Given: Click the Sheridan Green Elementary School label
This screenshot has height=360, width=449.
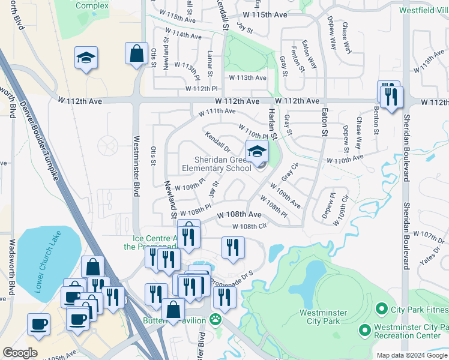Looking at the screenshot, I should tap(222, 164).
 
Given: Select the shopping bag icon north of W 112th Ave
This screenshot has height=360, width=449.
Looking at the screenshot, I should tap(137, 53).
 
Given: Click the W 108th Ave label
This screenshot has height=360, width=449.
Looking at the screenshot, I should tap(239, 214).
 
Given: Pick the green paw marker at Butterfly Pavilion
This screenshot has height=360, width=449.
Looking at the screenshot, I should tap(215, 320).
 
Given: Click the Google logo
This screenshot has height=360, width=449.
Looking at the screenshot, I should tap(19, 353).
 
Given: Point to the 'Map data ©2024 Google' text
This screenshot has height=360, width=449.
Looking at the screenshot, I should tap(412, 355).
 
